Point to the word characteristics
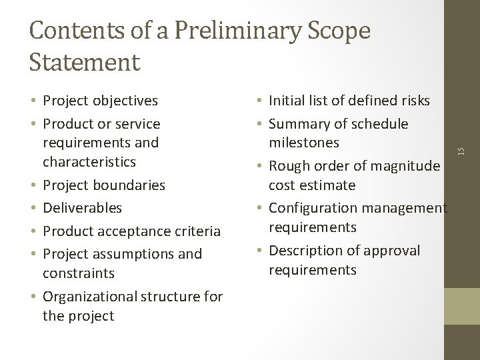(89, 161)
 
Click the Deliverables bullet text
(82, 208)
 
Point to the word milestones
(303, 142)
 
